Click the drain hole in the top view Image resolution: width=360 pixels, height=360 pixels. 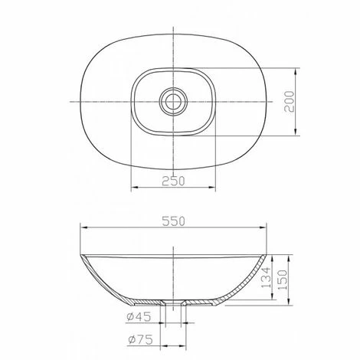click(173, 101)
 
